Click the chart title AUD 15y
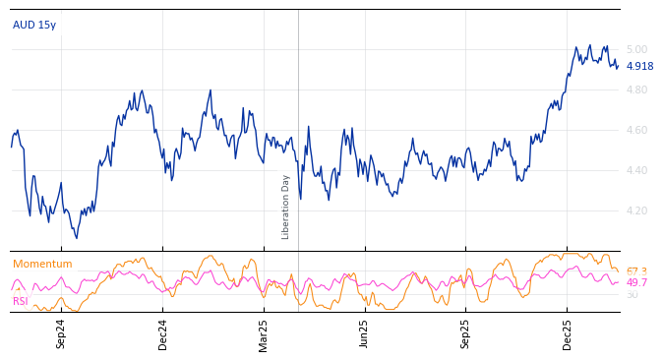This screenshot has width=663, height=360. pos(34,25)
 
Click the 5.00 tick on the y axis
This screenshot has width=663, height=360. pos(637,49)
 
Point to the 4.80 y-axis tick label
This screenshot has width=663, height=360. pos(637,90)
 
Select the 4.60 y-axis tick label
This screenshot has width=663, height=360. pos(637,130)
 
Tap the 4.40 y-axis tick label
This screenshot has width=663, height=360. pos(637,170)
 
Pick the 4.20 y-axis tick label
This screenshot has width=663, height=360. pos(637,210)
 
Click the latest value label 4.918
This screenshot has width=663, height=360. pos(639,66)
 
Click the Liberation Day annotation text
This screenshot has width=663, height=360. pos(286,207)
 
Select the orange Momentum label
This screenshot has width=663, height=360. pos(42,264)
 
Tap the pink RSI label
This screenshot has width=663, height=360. pos(21,301)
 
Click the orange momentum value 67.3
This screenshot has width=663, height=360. pos(636,271)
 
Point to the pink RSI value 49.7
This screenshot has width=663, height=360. pos(636,282)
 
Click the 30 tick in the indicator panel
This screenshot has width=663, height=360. pos(632,294)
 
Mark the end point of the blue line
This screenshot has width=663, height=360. pos(618,66)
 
